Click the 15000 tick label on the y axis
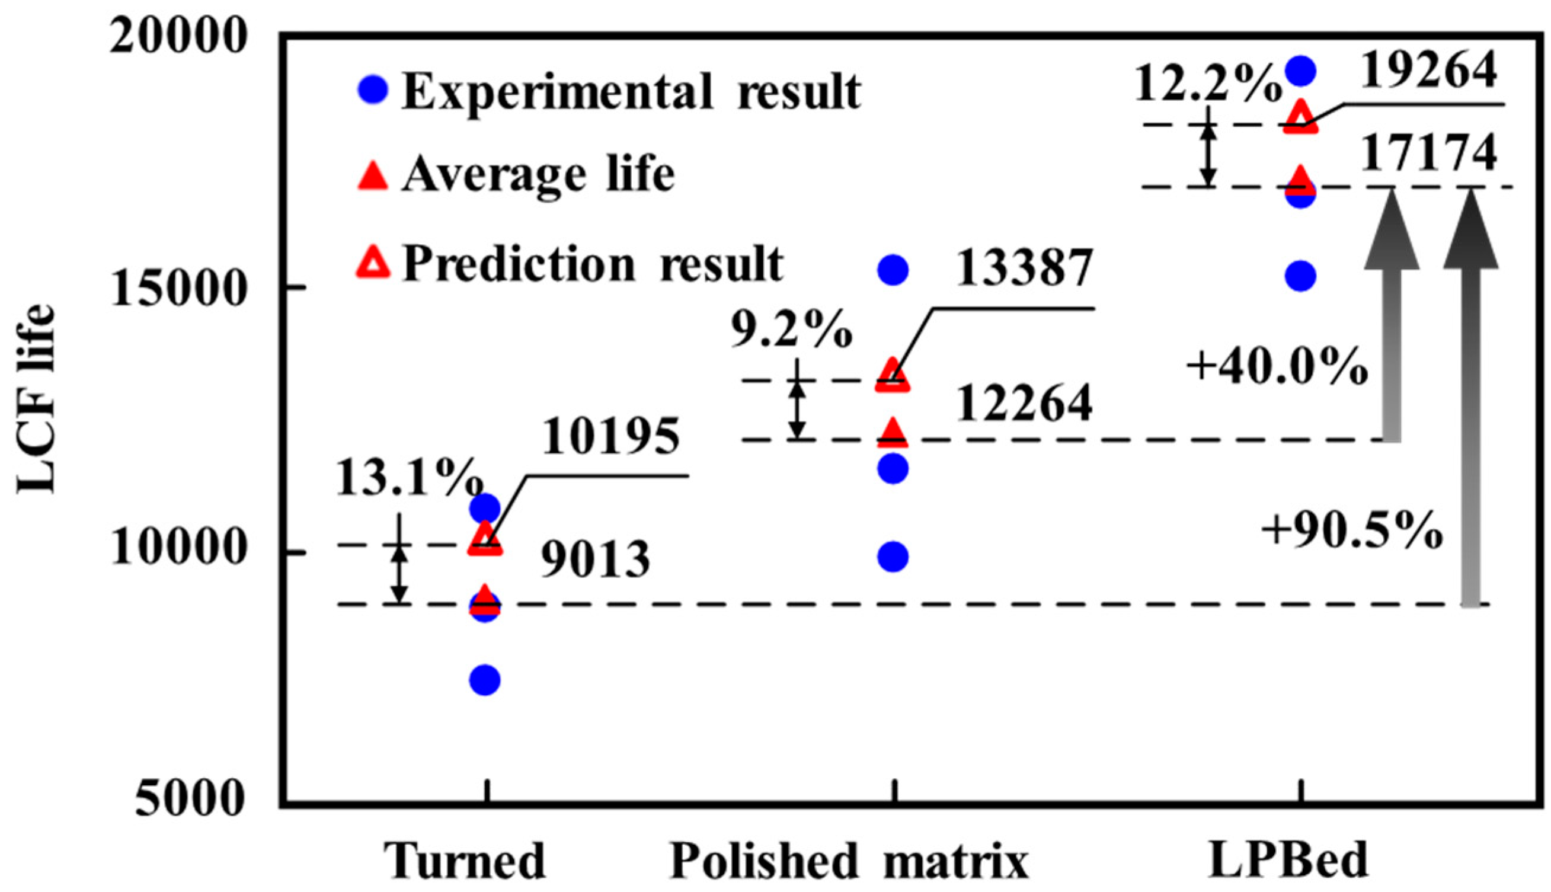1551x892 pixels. click(x=178, y=288)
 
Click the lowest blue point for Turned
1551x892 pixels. click(x=485, y=680)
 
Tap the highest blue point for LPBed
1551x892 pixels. click(x=1300, y=71)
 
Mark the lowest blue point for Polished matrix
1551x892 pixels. click(x=893, y=557)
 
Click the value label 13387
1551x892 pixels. click(x=1024, y=268)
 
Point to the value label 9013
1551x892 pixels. click(x=596, y=561)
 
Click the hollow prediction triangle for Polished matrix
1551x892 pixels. click(x=893, y=376)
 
